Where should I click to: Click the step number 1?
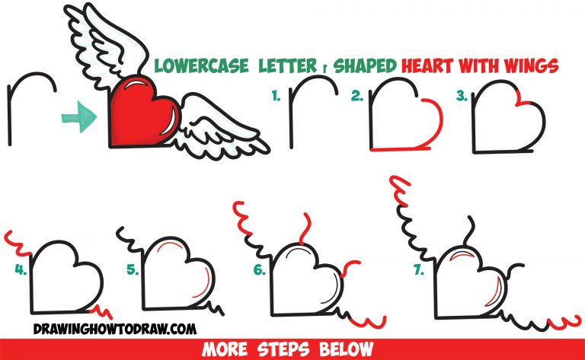(277, 97)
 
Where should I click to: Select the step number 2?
(356, 97)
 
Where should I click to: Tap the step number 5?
(133, 269)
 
